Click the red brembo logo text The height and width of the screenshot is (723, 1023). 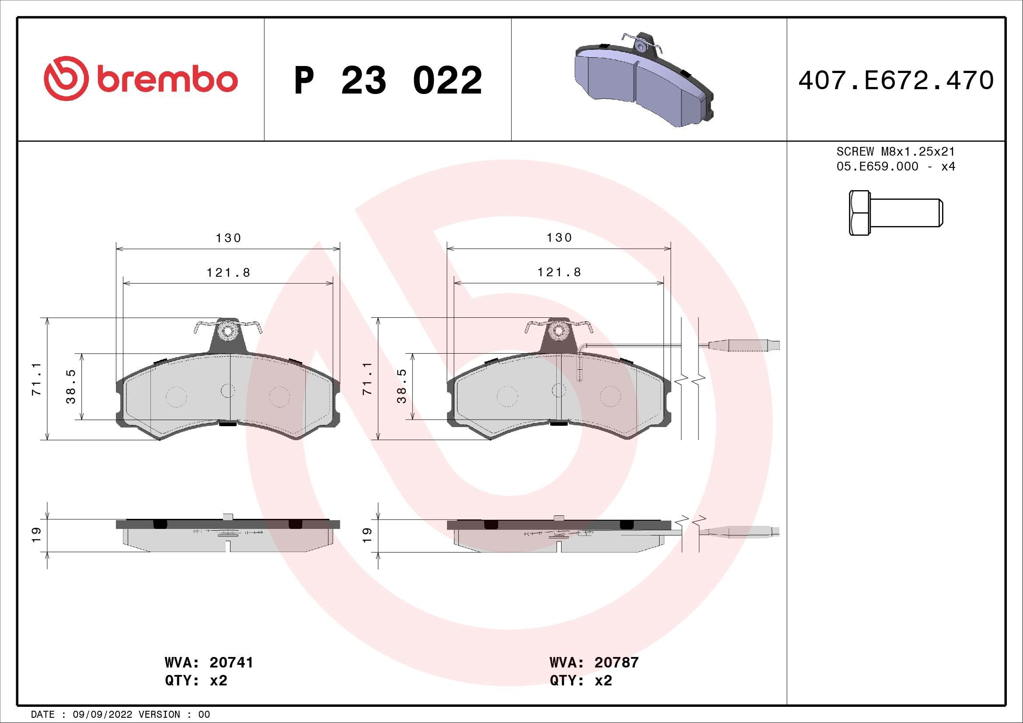point(166,80)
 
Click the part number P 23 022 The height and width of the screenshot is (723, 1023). point(388,80)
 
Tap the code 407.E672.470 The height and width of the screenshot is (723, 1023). point(896,80)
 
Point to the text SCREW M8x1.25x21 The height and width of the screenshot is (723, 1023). point(896,152)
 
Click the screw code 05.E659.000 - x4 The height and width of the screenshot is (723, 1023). point(896,167)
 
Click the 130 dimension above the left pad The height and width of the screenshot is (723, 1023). point(228,238)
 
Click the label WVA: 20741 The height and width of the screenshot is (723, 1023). point(209,662)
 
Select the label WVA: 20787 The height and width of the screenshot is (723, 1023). point(594,662)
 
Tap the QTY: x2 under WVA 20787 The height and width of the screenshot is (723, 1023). point(580,681)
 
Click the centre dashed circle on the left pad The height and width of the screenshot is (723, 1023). point(228,391)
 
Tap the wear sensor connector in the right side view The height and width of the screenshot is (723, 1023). point(740,532)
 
